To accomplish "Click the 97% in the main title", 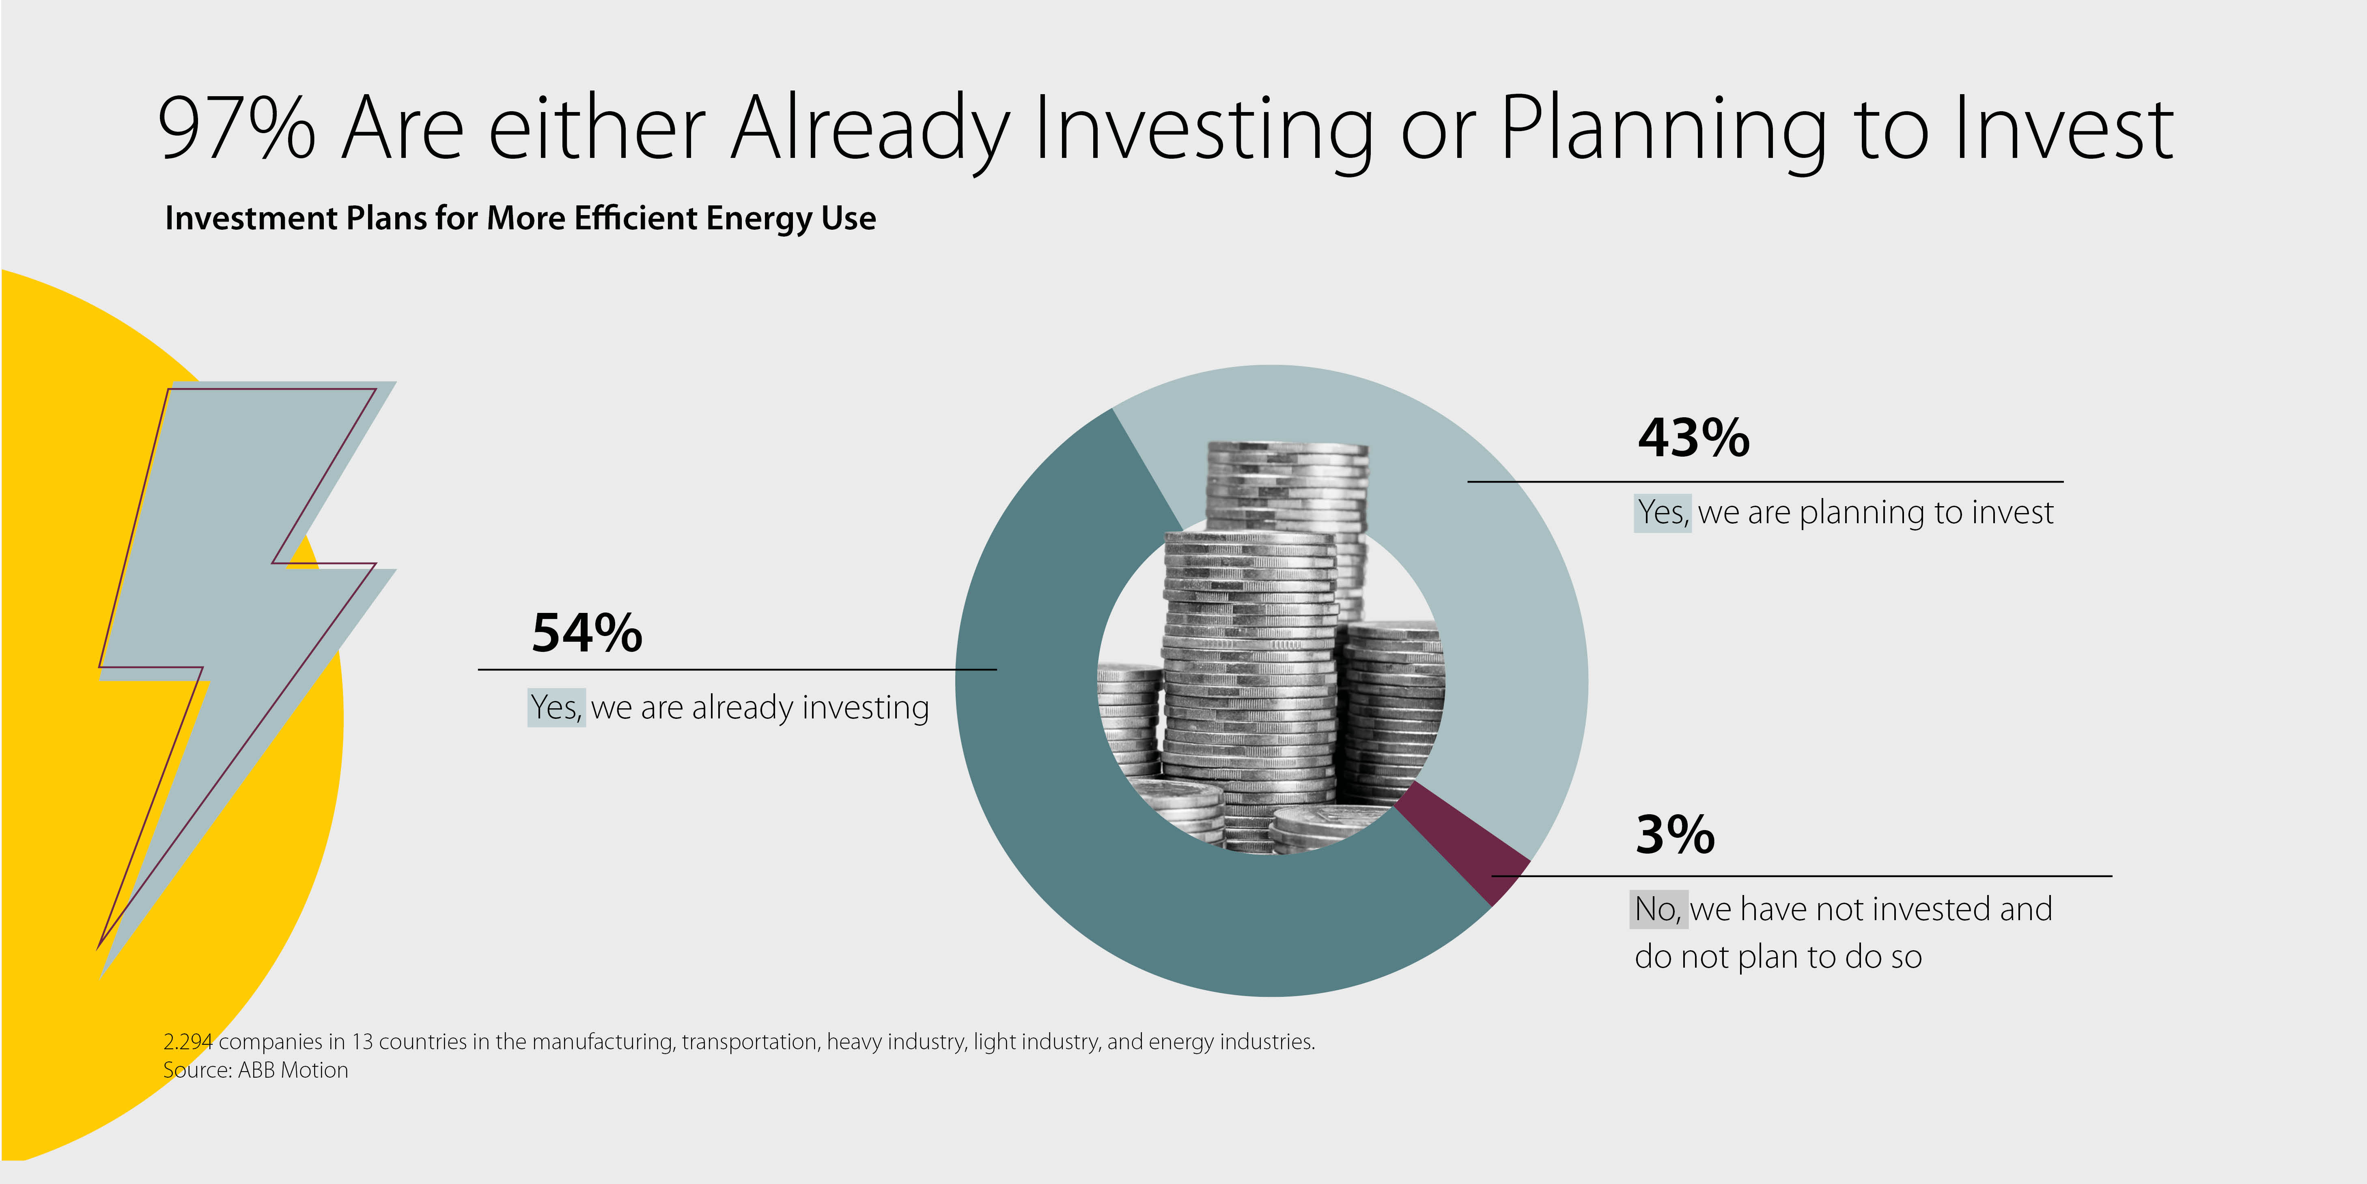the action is click(x=237, y=128).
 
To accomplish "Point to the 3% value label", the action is click(x=1675, y=835).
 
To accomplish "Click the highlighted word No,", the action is click(x=1658, y=909).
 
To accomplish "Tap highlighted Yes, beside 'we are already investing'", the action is click(x=556, y=707).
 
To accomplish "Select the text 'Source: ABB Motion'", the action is click(x=255, y=1070).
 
